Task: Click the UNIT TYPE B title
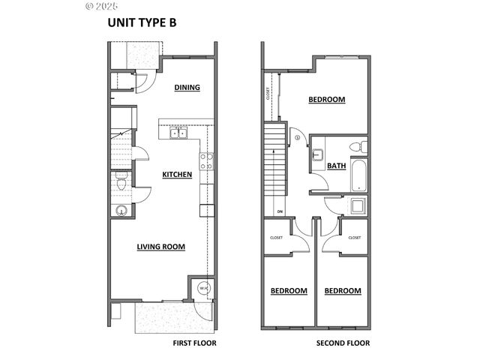tap(142, 22)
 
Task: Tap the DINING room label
tap(187, 87)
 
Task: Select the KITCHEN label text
tap(177, 175)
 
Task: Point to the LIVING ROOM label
tap(160, 246)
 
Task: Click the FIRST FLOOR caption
tap(194, 343)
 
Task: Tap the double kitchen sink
tap(178, 133)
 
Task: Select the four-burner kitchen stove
tap(205, 160)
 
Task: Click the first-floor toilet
tap(121, 181)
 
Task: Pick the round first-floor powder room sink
tap(120, 210)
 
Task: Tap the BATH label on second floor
tap(336, 166)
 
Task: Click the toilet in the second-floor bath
tap(361, 146)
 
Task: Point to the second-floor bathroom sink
tap(317, 155)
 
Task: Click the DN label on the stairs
tap(279, 211)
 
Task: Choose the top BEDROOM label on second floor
tap(326, 100)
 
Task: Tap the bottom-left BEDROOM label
tap(289, 290)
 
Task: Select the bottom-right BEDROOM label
tap(343, 290)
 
